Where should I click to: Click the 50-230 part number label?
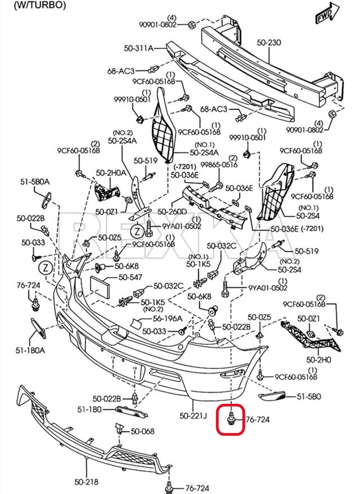coord(269,42)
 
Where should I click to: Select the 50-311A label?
coord(138,48)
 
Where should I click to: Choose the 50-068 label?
coord(143,431)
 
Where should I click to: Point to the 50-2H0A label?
coord(111,173)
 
